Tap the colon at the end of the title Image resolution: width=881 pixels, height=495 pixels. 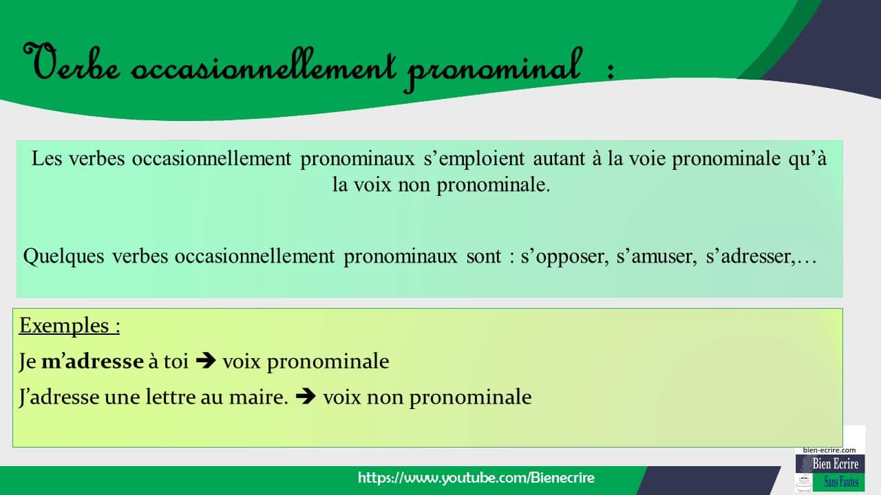tap(610, 71)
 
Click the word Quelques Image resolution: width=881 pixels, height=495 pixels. tap(64, 256)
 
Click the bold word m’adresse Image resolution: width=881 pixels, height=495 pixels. tap(93, 362)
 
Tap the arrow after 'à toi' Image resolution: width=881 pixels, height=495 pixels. tap(205, 362)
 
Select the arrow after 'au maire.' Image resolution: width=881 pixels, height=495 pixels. tap(306, 397)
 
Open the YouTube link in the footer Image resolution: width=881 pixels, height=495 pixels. tap(476, 478)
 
